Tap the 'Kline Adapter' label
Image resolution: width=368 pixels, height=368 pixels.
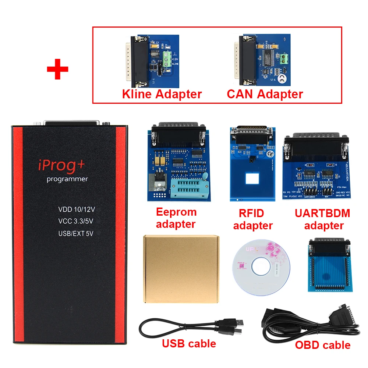162,94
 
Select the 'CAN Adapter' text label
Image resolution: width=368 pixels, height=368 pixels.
265,94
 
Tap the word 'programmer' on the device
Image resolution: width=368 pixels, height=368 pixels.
67,179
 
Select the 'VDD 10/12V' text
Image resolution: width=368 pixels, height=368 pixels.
77,209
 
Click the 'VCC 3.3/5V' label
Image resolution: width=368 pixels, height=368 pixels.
76,221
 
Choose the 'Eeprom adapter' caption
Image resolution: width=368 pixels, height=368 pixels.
176,218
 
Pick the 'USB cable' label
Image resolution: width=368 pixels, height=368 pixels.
189,344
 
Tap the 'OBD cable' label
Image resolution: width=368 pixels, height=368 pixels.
322,345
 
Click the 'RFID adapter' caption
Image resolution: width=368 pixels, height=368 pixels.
252,219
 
